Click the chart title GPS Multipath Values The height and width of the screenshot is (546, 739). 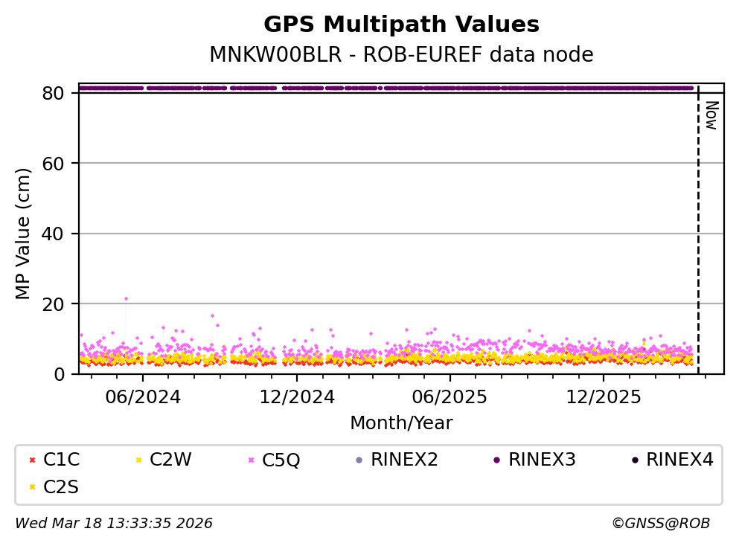(401, 25)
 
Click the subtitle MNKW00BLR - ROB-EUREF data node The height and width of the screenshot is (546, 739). (401, 55)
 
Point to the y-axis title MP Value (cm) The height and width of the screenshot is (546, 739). (24, 234)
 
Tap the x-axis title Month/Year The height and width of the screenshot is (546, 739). (401, 423)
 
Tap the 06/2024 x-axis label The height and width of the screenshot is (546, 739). (143, 396)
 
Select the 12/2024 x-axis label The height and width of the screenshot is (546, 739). (296, 396)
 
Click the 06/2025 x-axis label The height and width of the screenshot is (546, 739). (450, 396)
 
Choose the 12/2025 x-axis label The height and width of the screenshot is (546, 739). (603, 396)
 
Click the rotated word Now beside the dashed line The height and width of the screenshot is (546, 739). (711, 115)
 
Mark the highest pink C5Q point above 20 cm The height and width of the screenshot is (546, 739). (126, 298)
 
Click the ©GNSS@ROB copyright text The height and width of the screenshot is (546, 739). (660, 524)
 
